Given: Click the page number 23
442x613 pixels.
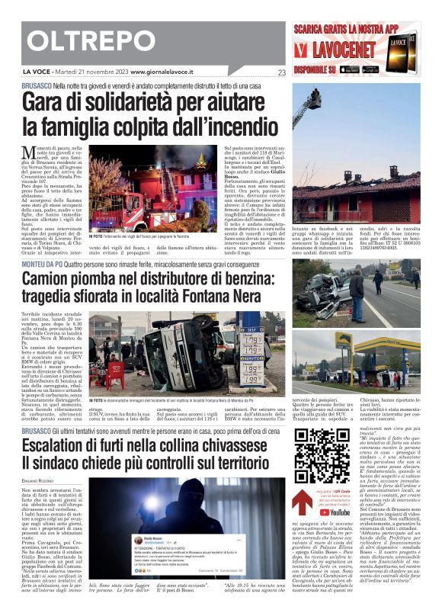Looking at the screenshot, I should coord(281,73).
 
